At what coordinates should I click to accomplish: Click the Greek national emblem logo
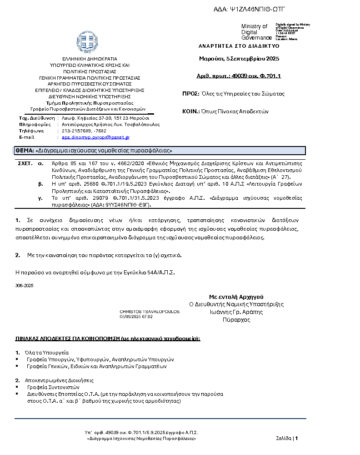pos(86,42)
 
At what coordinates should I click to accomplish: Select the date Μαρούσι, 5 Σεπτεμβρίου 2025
pos(239,59)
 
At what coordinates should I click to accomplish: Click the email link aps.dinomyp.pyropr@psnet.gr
pos(96,137)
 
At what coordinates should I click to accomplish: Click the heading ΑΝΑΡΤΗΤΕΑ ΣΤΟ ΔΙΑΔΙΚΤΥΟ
pos(239,46)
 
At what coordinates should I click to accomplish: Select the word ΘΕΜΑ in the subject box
pos(25,151)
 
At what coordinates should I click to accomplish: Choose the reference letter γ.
pos(40,198)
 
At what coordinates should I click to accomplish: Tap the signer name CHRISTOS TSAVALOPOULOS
pos(150,312)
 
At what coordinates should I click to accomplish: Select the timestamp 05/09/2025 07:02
pos(136,316)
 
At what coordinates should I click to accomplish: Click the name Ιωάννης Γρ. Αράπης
pos(236,312)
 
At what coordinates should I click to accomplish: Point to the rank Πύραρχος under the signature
pos(236,320)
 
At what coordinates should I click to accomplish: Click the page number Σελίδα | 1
pos(287,439)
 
